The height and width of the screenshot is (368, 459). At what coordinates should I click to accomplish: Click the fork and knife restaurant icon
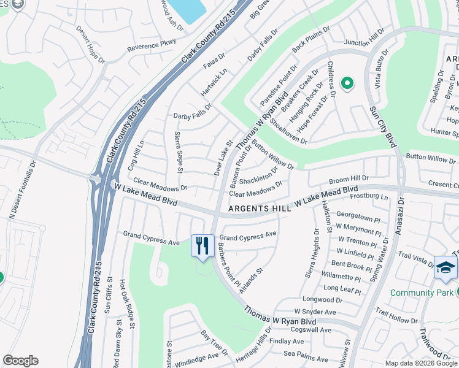coord(202,246)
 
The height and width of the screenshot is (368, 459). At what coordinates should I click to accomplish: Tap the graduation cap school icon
coord(445,268)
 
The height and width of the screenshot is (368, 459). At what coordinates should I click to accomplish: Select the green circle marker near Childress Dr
coord(347,83)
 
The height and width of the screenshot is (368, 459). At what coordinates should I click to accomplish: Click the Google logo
coord(21,361)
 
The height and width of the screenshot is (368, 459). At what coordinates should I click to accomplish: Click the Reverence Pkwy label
coord(151,45)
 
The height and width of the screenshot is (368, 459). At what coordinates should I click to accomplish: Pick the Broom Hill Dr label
coord(347,178)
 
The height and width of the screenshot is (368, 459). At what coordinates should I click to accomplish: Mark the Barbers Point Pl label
coord(228,264)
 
